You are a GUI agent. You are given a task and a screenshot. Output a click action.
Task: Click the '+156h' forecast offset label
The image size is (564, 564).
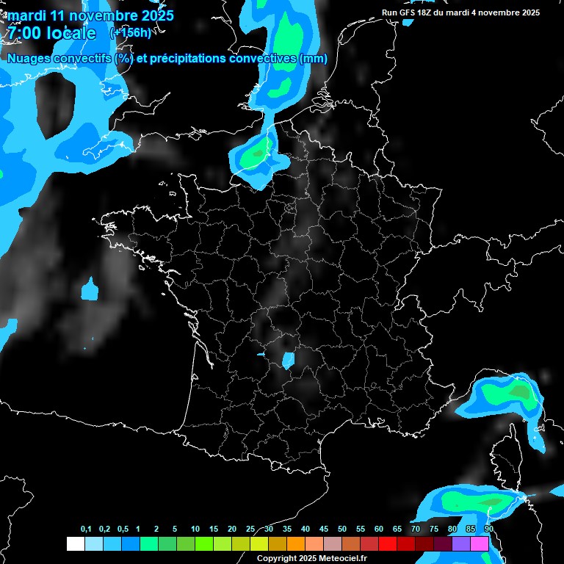pyautogui.click(x=130, y=32)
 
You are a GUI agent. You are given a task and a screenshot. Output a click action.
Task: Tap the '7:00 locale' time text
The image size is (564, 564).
pyautogui.click(x=52, y=33)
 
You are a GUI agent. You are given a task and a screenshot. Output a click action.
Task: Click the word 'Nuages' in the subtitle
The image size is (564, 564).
pyautogui.click(x=29, y=59)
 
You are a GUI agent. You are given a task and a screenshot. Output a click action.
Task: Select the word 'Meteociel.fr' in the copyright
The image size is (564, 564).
pyautogui.click(x=344, y=558)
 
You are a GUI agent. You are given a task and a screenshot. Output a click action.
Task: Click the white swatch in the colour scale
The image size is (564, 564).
pyautogui.click(x=75, y=543)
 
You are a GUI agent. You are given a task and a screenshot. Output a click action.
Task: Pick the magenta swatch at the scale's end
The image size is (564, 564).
pyautogui.click(x=480, y=543)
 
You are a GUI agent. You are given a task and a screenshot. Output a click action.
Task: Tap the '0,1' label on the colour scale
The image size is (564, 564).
pyautogui.click(x=86, y=529)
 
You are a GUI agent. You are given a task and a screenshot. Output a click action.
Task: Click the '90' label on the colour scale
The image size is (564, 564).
pyautogui.click(x=488, y=529)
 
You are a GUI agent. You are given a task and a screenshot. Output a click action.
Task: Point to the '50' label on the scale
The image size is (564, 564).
pyautogui.click(x=342, y=529)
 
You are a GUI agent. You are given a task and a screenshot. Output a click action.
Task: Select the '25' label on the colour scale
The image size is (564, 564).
pyautogui.click(x=250, y=529)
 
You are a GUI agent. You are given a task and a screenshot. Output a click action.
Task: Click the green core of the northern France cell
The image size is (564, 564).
pyautogui.click(x=257, y=153)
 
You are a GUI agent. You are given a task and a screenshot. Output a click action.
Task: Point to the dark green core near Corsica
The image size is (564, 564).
pyautogui.click(x=519, y=392)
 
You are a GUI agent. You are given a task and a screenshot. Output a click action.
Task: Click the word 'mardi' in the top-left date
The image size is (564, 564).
pyautogui.click(x=26, y=15)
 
